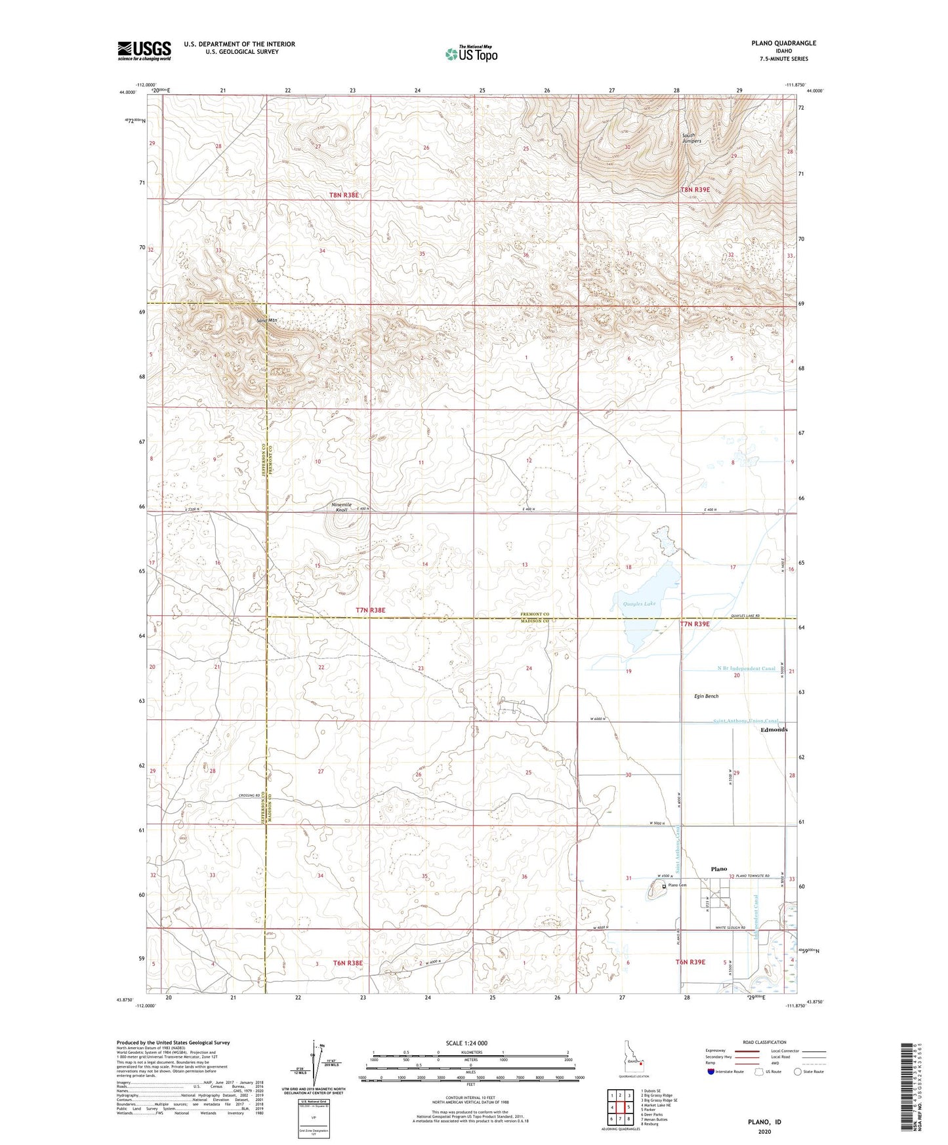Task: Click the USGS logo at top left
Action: point(144,50)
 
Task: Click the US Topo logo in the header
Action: point(470,54)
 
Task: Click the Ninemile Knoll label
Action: point(342,507)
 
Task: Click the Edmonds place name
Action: point(773,730)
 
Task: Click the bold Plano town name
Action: point(718,869)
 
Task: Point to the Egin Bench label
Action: point(707,696)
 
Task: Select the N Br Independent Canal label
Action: point(746,669)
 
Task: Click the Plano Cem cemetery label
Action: point(677,885)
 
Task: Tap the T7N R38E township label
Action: point(371,610)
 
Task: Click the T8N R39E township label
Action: point(695,190)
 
